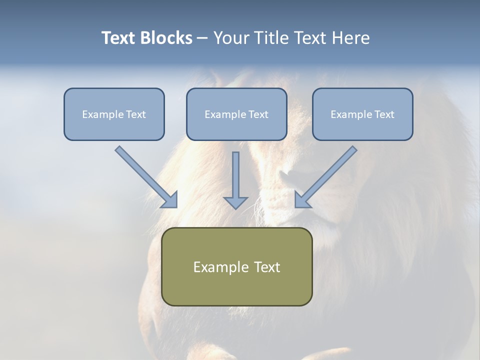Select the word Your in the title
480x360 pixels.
[x=231, y=38]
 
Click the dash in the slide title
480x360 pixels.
[x=202, y=38]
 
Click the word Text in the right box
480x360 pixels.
[x=384, y=114]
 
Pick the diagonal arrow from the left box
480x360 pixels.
[x=145, y=175]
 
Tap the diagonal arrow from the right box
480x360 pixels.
[x=327, y=175]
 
